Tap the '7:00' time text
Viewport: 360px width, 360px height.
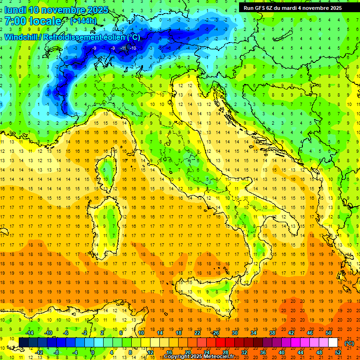[x=15, y=21]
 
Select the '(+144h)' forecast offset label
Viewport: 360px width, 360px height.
[x=83, y=21]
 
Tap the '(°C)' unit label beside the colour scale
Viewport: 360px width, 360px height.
[x=349, y=343]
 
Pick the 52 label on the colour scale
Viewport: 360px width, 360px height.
[x=338, y=352]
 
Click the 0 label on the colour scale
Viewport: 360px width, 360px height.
[x=93, y=352]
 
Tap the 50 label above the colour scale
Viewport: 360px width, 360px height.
[x=329, y=333]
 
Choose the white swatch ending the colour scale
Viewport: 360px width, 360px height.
[x=333, y=343]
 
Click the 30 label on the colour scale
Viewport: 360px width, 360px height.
[x=234, y=333]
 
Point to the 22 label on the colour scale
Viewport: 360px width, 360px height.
[x=197, y=333]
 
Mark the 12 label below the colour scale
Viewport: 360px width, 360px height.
[x=150, y=352]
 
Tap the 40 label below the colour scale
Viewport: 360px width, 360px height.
[x=281, y=352]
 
